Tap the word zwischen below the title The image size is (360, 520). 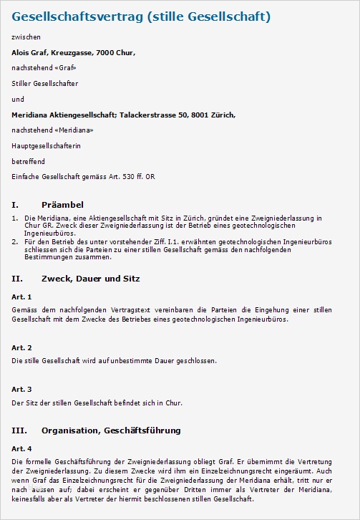pyautogui.click(x=26, y=36)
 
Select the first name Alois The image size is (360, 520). pyautogui.click(x=21, y=52)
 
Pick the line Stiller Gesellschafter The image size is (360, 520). pyautogui.click(x=44, y=84)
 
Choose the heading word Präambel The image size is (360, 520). pyautogui.click(x=62, y=204)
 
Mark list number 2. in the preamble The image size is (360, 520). pyautogui.click(x=15, y=242)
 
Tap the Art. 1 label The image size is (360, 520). pyautogui.click(x=21, y=296)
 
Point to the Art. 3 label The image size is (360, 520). pyautogui.click(x=21, y=389)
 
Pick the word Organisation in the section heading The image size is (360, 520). pyautogui.click(x=70, y=430)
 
